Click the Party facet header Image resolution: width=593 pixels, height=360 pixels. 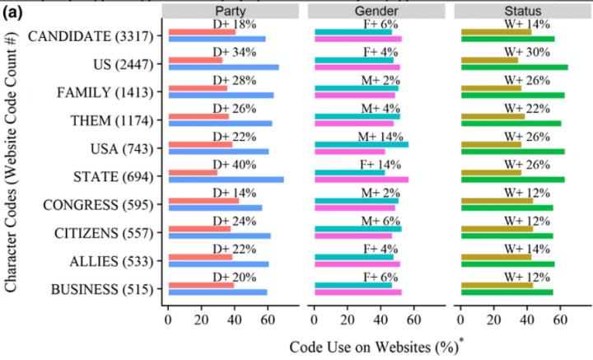(x=231, y=11)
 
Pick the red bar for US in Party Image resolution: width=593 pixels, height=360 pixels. (x=195, y=60)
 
